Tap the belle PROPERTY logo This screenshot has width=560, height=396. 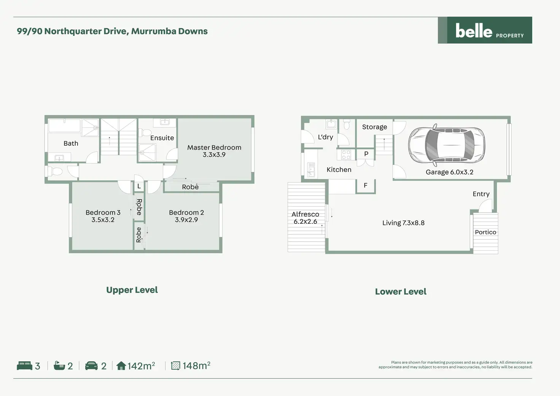click(x=485, y=30)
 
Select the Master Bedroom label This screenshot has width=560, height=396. click(x=214, y=148)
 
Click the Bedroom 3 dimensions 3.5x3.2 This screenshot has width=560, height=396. click(x=103, y=220)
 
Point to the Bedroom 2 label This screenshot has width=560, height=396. click(x=186, y=213)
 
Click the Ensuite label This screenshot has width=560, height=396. click(x=162, y=138)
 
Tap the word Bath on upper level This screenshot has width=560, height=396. click(x=71, y=143)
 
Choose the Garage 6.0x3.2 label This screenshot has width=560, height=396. click(x=449, y=172)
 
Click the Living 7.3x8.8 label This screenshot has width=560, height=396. click(x=403, y=223)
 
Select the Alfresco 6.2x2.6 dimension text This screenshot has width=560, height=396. click(x=305, y=221)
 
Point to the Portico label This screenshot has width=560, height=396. click(x=485, y=232)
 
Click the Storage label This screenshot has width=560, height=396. click(x=374, y=127)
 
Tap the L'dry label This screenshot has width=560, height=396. click(x=325, y=137)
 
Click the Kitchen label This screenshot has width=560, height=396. click(x=339, y=170)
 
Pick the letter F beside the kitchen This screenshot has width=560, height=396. click(x=366, y=185)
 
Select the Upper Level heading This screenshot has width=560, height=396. click(x=132, y=290)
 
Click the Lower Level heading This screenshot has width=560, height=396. click(x=401, y=292)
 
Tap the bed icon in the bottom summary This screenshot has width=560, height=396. click(x=25, y=366)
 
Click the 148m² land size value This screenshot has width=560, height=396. click(x=196, y=366)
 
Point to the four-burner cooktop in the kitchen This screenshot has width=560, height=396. click(x=346, y=154)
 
